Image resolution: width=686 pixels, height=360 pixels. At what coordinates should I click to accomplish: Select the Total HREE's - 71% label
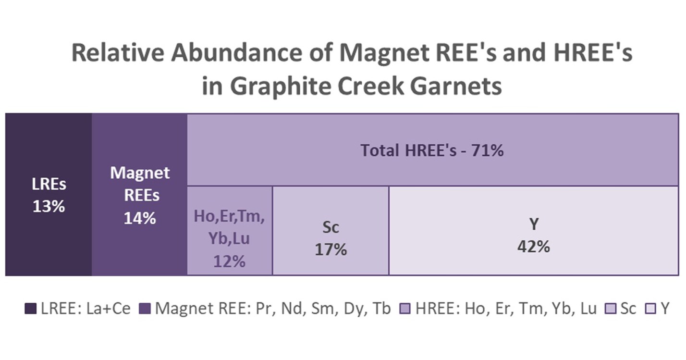(x=432, y=151)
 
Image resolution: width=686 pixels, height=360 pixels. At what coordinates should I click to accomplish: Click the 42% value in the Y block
(x=534, y=247)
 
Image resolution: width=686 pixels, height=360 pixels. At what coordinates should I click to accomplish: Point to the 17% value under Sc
(x=331, y=250)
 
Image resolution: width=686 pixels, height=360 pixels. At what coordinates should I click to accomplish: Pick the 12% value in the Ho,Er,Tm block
(x=229, y=262)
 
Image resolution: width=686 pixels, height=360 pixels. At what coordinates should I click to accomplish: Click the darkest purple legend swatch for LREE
(x=30, y=308)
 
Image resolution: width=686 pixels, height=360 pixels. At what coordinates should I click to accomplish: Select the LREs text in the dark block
(x=48, y=185)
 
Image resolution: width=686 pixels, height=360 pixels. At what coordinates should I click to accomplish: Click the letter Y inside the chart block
(x=534, y=225)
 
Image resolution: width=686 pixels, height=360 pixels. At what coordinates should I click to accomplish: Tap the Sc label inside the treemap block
(x=331, y=228)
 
